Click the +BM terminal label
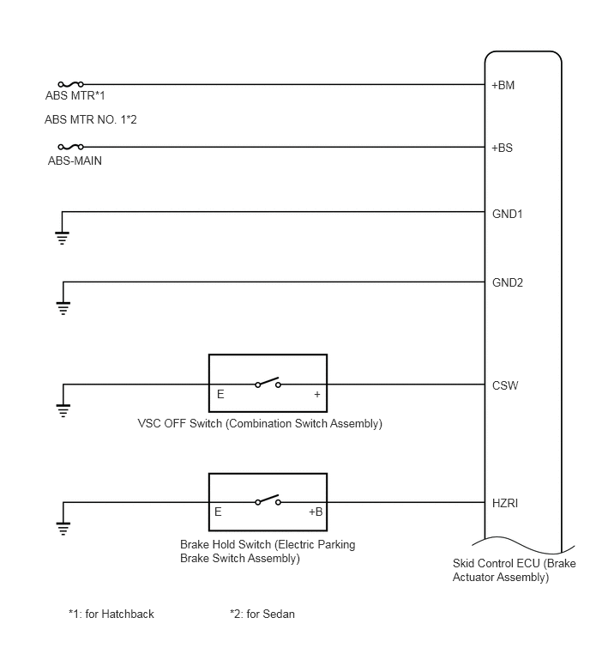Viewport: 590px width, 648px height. [x=503, y=85]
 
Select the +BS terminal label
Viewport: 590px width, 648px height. [x=502, y=148]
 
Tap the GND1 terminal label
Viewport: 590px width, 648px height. [x=508, y=214]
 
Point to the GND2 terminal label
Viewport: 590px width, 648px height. [x=508, y=282]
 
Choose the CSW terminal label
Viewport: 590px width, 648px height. [x=505, y=385]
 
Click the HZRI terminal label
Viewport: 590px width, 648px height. [x=505, y=503]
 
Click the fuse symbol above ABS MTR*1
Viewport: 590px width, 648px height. [x=71, y=84]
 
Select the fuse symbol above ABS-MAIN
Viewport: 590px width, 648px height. [x=71, y=147]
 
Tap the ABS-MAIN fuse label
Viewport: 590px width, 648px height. [x=75, y=160]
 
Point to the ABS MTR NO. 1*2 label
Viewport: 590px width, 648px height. [x=90, y=119]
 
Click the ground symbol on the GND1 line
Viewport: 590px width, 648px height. [x=62, y=238]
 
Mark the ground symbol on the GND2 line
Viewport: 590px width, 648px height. [x=63, y=308]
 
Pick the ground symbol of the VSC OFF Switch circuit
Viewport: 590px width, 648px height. [x=63, y=411]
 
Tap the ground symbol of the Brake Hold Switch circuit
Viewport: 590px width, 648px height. [x=63, y=529]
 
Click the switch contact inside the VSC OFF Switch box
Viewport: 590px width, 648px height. [x=268, y=382]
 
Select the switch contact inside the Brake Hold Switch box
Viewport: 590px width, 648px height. [x=268, y=500]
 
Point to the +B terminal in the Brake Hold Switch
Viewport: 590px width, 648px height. [x=316, y=512]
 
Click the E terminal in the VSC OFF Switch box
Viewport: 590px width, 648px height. [x=220, y=394]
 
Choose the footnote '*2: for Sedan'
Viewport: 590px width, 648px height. [x=262, y=615]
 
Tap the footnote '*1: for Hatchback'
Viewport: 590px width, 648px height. [x=111, y=615]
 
